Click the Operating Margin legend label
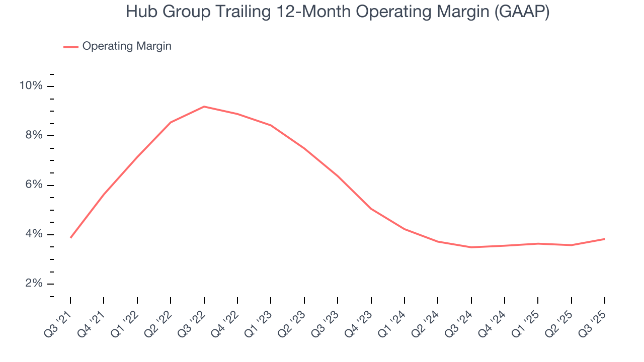point(127,46)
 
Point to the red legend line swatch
point(70,47)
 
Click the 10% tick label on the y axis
point(31,86)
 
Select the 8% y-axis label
point(34,136)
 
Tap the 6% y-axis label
point(34,185)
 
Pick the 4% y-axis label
point(34,234)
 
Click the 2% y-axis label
point(34,284)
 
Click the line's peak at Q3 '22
point(204,107)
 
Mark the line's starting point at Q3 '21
point(70,237)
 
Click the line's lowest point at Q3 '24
point(471,247)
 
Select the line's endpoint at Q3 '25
point(604,239)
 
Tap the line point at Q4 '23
point(371,209)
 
